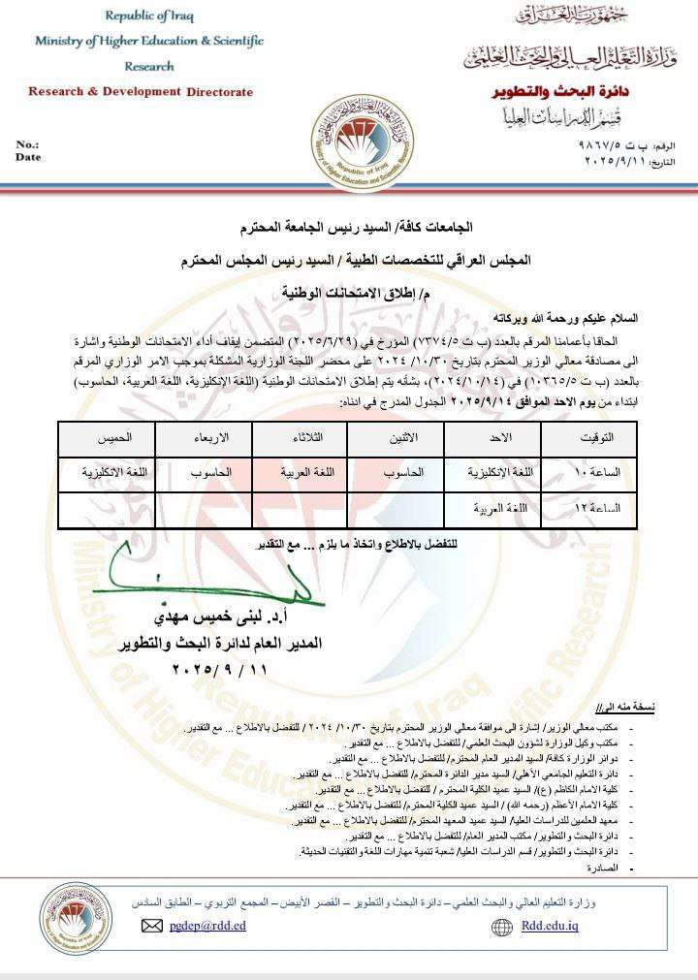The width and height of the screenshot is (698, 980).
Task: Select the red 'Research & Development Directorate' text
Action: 141,92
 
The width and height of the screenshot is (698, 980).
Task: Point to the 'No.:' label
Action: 28,144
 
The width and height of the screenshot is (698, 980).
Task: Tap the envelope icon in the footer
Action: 151,926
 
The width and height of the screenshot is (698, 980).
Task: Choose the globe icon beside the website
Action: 502,926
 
